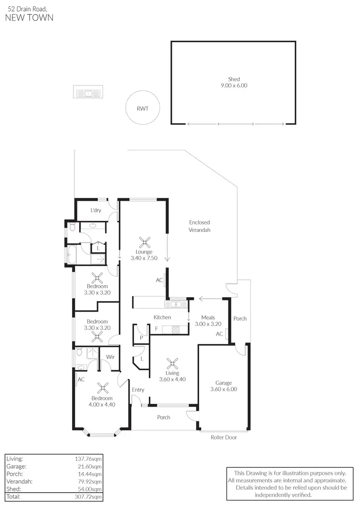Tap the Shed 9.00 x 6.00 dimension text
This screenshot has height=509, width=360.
234,85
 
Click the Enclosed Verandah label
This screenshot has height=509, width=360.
199,226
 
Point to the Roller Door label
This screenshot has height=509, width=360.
224,437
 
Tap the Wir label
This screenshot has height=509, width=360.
110,357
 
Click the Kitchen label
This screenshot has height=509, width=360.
162,317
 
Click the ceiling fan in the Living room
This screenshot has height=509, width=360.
172,363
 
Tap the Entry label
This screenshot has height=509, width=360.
138,390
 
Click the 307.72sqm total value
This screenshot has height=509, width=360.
89,497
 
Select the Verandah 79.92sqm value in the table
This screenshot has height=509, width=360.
90,482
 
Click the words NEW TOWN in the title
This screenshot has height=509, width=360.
29,18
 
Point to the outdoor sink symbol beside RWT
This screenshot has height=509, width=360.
88,93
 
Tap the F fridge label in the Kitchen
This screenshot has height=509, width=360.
156,328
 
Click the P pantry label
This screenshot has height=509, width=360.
141,338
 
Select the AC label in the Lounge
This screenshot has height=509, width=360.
159,280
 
